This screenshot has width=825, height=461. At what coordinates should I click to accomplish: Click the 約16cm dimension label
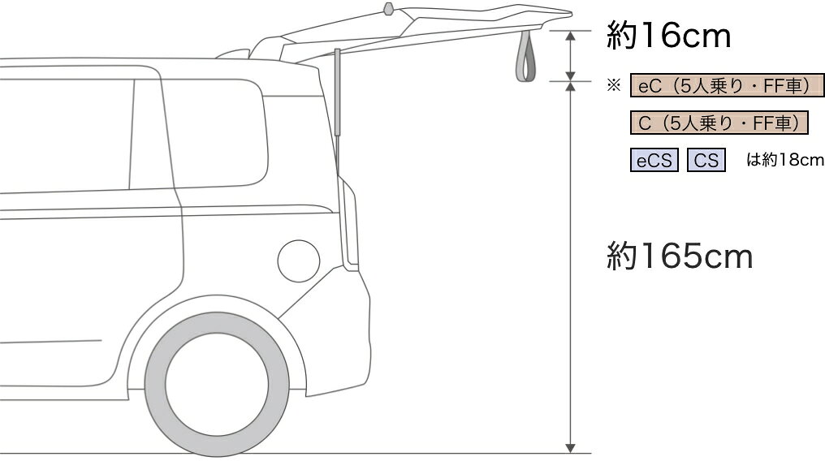click(668, 36)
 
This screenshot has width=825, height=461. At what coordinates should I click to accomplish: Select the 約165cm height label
click(680, 256)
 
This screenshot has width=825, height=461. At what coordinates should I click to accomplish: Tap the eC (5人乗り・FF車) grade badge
click(727, 86)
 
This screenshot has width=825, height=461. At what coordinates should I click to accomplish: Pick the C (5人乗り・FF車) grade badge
click(719, 123)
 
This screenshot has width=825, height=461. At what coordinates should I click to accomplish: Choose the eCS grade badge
click(654, 160)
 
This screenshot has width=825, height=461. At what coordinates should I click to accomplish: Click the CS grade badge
click(706, 160)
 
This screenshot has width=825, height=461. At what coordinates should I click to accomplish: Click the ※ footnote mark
click(614, 85)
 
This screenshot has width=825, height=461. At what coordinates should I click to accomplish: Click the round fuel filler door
click(298, 261)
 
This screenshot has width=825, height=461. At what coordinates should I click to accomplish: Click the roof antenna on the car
click(388, 9)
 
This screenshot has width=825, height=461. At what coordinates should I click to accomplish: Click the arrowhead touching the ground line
click(570, 448)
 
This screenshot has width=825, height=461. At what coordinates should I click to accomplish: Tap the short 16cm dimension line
click(570, 56)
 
